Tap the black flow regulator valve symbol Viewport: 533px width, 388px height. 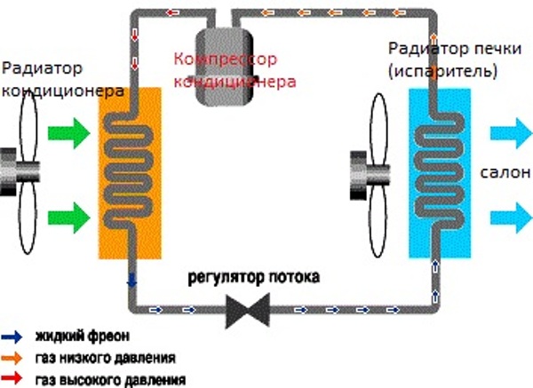tap(246, 310)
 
